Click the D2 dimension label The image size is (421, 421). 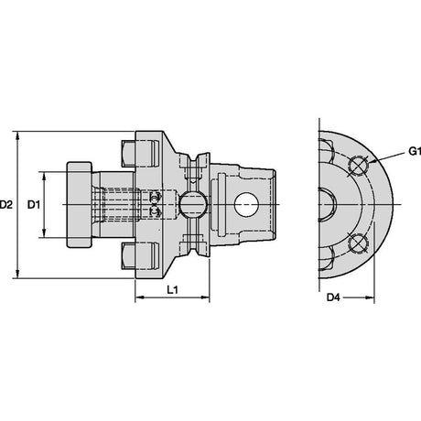[6, 205]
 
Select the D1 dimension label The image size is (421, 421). [34, 205]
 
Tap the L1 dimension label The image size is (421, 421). [173, 290]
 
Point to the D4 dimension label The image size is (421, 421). [333, 297]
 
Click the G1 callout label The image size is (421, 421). [415, 151]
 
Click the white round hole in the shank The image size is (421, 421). [246, 205]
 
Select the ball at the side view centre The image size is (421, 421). [192, 205]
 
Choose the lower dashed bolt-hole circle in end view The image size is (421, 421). [358, 244]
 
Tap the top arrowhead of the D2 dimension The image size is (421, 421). [17, 135]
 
